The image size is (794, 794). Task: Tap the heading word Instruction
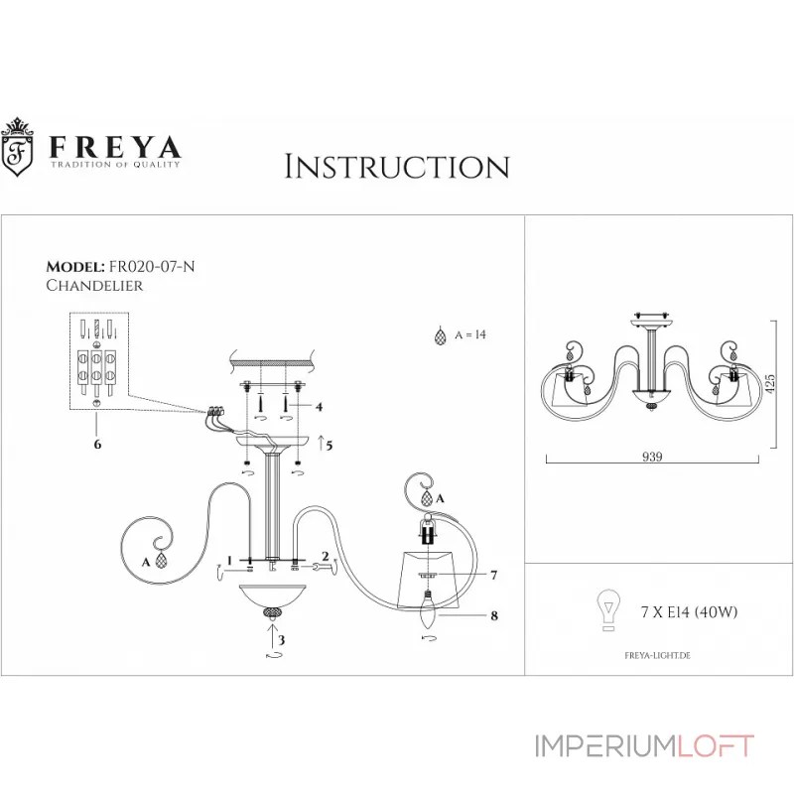(x=396, y=166)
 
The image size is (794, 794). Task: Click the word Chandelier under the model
(x=94, y=286)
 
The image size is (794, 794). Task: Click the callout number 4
(x=319, y=407)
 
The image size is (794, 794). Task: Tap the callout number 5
(x=329, y=445)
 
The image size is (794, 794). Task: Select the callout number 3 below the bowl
(x=281, y=641)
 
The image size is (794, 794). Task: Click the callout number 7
(x=492, y=575)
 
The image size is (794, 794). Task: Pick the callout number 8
(x=492, y=616)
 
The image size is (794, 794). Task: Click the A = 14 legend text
(x=469, y=335)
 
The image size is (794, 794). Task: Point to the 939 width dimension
(x=651, y=458)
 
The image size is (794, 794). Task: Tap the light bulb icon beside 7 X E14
(x=606, y=608)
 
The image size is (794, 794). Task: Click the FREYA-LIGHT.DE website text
(x=656, y=656)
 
